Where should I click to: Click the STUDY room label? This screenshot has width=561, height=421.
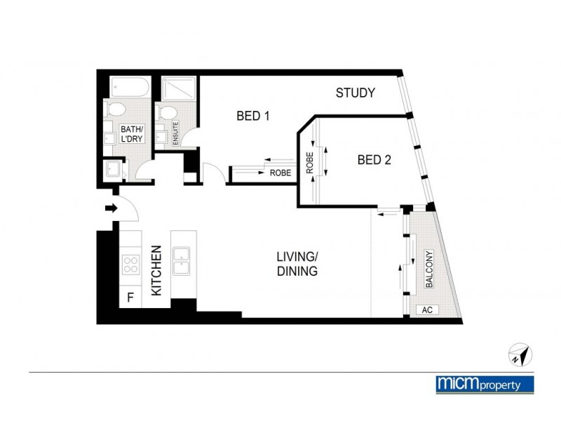pos(356,93)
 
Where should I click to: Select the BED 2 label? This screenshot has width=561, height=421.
pos(374,159)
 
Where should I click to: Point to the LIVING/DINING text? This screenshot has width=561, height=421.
pos(297,264)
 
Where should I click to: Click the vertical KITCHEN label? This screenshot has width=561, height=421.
pos(157,269)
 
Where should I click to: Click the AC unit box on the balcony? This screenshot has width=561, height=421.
pos(426,309)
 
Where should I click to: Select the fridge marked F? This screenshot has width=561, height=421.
pos(130,298)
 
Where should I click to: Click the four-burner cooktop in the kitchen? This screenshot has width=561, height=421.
pos(130,264)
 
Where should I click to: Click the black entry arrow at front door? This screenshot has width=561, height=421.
pos(110,208)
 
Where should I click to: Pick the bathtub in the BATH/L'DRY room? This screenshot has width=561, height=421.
pos(129,88)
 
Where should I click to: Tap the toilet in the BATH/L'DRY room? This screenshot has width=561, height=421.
pos(116,109)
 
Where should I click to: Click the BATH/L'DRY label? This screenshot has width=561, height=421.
pos(132,134)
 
